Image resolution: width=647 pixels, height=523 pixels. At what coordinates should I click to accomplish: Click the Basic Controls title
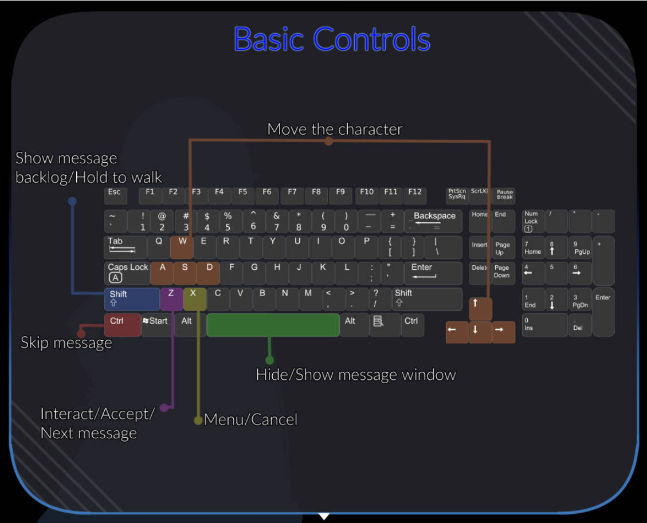click(x=332, y=39)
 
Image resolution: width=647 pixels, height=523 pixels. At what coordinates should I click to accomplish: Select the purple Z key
click(x=171, y=298)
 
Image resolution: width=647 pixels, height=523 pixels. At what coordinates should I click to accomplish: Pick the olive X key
click(x=194, y=298)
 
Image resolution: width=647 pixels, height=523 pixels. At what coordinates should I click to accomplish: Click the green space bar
click(x=273, y=325)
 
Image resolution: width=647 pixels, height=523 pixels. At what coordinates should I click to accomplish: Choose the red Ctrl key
click(x=123, y=325)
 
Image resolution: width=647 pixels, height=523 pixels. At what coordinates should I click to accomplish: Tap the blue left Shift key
click(x=132, y=298)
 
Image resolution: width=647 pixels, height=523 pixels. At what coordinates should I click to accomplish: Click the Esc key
click(x=116, y=195)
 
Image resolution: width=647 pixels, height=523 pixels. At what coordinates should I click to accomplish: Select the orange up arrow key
click(x=480, y=309)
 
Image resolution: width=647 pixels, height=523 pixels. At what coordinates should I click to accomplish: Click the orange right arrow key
click(x=503, y=332)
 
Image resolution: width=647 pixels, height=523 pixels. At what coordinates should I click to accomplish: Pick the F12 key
click(x=414, y=195)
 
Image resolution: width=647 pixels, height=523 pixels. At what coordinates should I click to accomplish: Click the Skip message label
click(x=66, y=343)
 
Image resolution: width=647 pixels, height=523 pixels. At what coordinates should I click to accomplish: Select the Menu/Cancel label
click(x=250, y=420)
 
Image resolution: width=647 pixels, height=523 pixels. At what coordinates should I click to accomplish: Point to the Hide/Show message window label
click(x=356, y=375)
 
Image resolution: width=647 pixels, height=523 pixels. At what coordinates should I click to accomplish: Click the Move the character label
click(x=335, y=129)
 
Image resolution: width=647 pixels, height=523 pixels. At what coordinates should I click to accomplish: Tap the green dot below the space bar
click(x=269, y=360)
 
